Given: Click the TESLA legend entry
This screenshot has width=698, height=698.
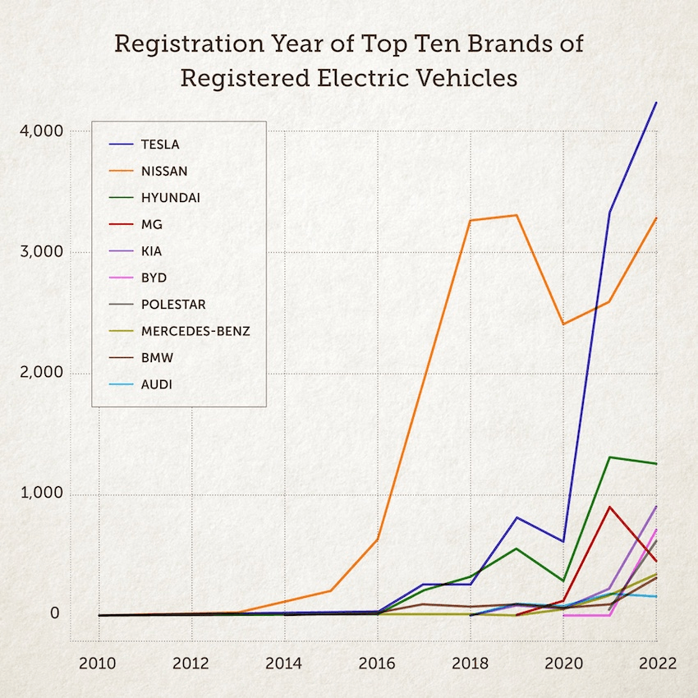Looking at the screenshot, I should click(160, 145).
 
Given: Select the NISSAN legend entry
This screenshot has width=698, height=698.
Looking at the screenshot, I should click(164, 172).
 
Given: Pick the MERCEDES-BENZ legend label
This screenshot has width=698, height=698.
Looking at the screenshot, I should click(195, 332).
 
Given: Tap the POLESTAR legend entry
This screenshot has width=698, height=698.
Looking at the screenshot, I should click(173, 305).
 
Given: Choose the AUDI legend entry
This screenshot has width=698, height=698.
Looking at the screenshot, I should click(157, 384).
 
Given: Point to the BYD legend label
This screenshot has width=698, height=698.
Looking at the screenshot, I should click(154, 278).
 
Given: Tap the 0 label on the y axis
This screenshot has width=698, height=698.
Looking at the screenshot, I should click(54, 613).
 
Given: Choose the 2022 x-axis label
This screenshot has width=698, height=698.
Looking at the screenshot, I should click(656, 664).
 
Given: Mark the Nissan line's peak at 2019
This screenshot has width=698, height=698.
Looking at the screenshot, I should click(517, 215).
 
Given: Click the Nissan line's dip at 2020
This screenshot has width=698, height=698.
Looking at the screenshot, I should click(563, 324).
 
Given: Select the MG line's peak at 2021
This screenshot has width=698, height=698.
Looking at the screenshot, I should click(609, 507).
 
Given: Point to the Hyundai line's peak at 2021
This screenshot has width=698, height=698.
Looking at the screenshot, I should click(609, 457).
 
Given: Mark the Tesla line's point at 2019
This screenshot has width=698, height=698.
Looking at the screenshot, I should click(517, 517).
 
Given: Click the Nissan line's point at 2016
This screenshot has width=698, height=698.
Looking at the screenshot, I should click(378, 538).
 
